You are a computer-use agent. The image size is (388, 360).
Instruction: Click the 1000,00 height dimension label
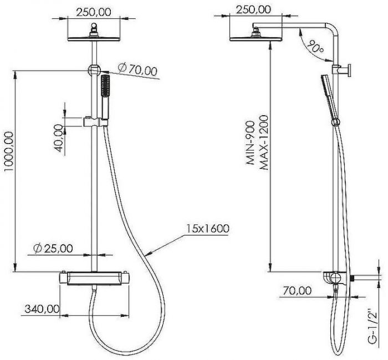pos(9,152)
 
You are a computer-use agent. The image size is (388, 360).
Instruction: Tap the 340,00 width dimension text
pos(42,308)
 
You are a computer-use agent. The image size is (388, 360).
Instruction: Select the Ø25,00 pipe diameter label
pos(53,248)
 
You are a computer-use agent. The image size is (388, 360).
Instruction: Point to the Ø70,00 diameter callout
pos(137,69)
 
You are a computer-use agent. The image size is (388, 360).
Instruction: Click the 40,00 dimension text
pos(58,138)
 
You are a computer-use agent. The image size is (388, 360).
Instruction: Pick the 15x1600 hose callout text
pos(208,228)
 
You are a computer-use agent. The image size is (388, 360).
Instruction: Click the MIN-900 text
pos(250,143)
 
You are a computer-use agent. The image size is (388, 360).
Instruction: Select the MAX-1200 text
pos(264,143)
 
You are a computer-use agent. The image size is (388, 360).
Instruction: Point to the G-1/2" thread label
pos(372,326)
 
